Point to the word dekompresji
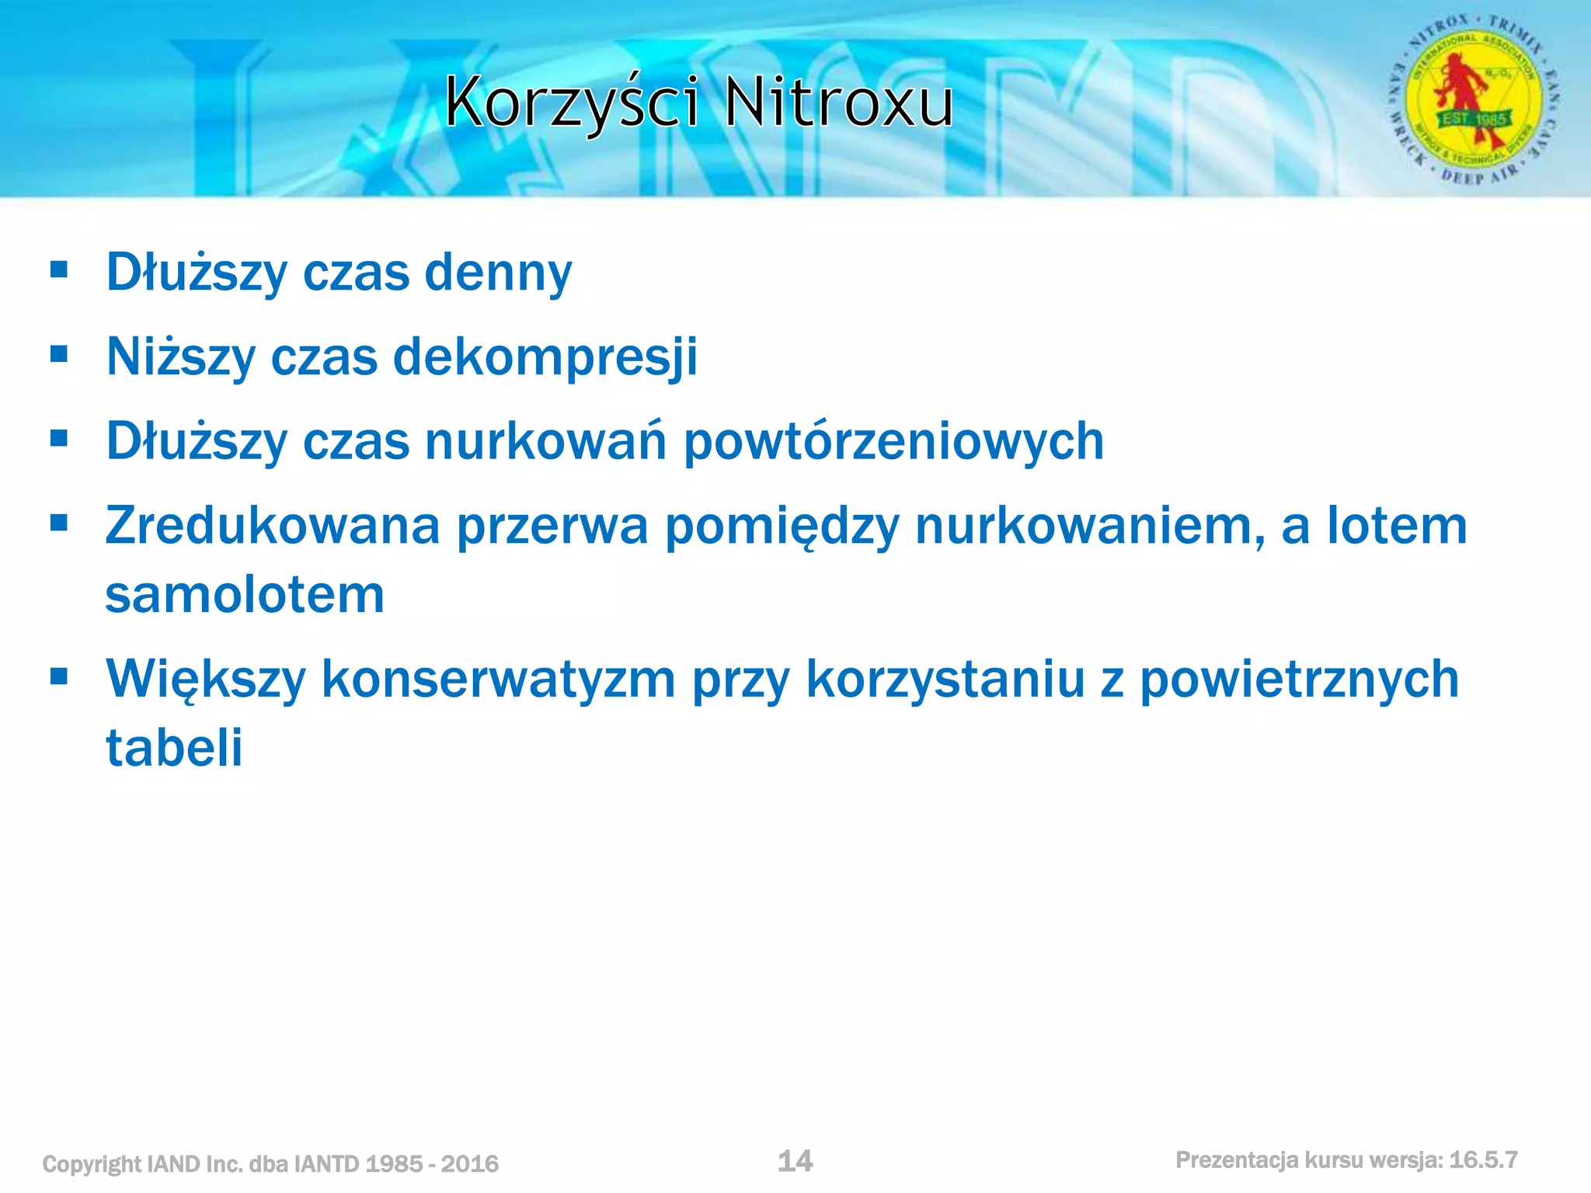(x=545, y=357)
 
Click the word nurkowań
(x=545, y=440)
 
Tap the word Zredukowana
(x=273, y=526)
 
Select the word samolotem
(x=245, y=595)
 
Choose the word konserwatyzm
(x=499, y=679)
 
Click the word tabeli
(x=174, y=748)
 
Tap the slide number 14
(x=795, y=1161)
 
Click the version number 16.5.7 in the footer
(x=1483, y=1160)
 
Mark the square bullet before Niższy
(x=59, y=354)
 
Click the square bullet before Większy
(x=59, y=676)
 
